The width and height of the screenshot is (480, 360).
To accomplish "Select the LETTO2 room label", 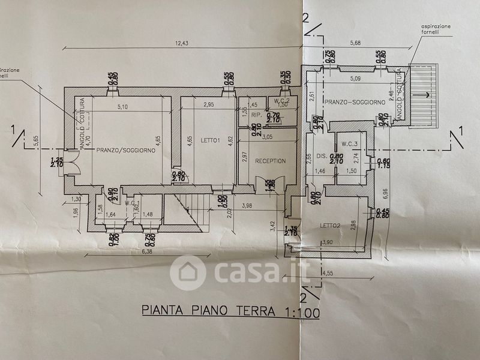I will (x=330, y=225).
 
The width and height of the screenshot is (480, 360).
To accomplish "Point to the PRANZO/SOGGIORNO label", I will (x=125, y=151).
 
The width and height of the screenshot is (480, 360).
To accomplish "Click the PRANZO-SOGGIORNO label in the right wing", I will (x=355, y=103).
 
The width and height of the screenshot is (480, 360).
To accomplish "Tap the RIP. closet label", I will (x=256, y=115).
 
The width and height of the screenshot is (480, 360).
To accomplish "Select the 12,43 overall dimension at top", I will (x=182, y=43).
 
